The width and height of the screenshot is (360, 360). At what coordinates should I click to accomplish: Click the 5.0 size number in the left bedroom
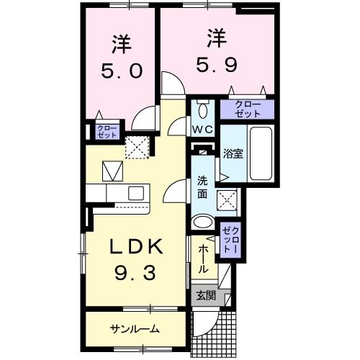click(120, 71)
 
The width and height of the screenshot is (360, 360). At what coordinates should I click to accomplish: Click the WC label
click(201, 130)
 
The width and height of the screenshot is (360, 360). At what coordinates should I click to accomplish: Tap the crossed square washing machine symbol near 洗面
click(230, 199)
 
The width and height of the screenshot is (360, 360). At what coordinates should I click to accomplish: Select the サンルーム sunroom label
click(135, 329)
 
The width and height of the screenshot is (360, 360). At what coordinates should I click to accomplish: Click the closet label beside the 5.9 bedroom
click(247, 109)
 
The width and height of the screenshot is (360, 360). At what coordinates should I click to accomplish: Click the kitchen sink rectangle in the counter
click(134, 193)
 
